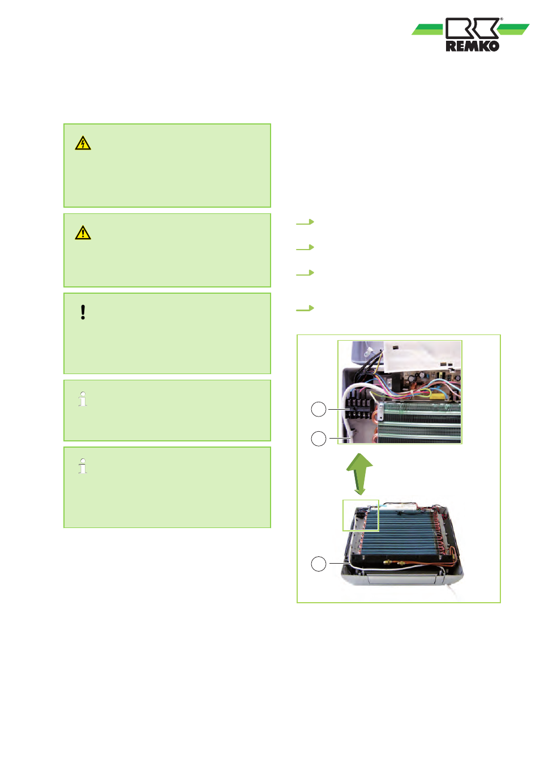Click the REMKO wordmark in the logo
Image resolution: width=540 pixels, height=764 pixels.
click(472, 46)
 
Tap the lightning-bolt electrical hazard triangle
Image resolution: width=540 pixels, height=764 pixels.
click(83, 143)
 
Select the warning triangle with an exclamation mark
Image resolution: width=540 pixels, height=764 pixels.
click(83, 233)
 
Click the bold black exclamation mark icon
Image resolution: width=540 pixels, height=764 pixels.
click(83, 312)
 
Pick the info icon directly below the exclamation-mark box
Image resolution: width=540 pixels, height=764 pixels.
click(83, 399)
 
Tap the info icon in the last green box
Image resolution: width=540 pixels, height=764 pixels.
click(83, 466)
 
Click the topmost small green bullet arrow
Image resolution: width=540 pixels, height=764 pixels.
click(305, 222)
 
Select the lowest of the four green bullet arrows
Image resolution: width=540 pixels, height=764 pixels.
click(305, 308)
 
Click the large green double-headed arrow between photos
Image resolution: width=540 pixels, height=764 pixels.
click(359, 474)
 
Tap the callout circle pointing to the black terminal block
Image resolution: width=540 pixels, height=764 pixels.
click(319, 409)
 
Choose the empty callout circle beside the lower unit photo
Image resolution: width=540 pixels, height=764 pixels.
click(319, 564)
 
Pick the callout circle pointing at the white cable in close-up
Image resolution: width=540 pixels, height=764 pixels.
click(319, 439)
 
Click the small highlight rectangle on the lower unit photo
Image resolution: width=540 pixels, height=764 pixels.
click(361, 516)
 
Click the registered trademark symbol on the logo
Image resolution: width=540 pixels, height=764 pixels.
click(501, 19)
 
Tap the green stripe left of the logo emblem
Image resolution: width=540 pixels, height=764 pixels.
click(427, 29)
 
